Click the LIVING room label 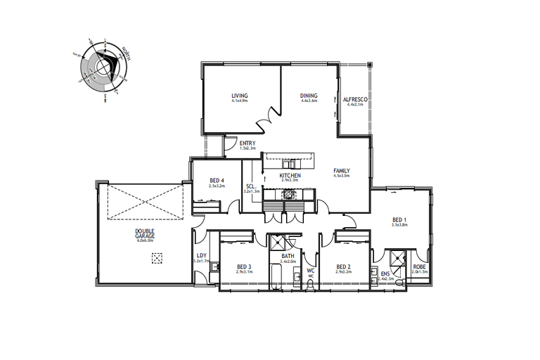pyautogui.click(x=240, y=96)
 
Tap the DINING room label pyautogui.click(x=309, y=96)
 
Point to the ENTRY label pyautogui.click(x=247, y=143)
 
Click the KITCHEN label pyautogui.click(x=290, y=175)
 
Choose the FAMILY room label pyautogui.click(x=341, y=171)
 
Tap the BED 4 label pyautogui.click(x=217, y=181)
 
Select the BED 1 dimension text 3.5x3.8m pyautogui.click(x=400, y=225)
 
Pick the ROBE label pyautogui.click(x=420, y=266)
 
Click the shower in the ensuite pyautogui.click(x=397, y=258)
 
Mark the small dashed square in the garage pyautogui.click(x=157, y=257)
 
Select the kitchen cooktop pyautogui.click(x=290, y=194)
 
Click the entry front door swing pyautogui.click(x=229, y=145)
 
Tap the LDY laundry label pyautogui.click(x=202, y=256)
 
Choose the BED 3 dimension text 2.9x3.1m pyautogui.click(x=244, y=272)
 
